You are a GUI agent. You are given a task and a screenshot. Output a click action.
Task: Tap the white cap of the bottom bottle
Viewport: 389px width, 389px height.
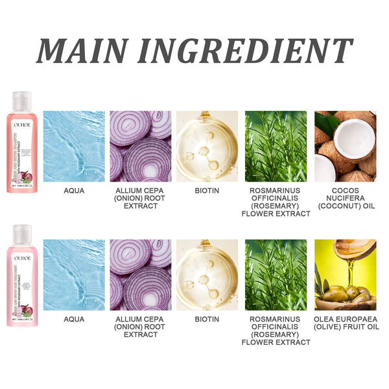[x=22, y=233]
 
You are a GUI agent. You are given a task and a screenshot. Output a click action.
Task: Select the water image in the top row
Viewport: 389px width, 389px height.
[x=73, y=146]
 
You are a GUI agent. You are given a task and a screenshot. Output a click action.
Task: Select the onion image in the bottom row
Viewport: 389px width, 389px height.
[x=141, y=275]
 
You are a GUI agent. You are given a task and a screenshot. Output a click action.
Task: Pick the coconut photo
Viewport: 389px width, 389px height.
[x=345, y=146]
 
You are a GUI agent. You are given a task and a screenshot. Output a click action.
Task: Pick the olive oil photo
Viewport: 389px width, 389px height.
[x=345, y=275]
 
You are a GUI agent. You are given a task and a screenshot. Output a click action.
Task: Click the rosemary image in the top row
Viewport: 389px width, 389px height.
[x=276, y=146]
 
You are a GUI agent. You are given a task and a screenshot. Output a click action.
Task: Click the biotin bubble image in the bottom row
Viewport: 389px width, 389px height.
[x=207, y=275]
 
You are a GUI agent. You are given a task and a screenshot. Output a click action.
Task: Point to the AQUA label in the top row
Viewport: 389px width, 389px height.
[x=73, y=191]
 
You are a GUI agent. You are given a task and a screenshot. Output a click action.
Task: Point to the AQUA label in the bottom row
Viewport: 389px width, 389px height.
[x=73, y=320]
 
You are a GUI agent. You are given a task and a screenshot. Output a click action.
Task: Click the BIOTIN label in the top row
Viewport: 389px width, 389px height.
[x=207, y=191]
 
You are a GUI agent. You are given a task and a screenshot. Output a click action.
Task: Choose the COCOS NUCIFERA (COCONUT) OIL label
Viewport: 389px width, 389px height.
[x=345, y=198]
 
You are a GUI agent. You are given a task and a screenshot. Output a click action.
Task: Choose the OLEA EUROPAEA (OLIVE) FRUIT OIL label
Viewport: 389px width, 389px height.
[x=345, y=324]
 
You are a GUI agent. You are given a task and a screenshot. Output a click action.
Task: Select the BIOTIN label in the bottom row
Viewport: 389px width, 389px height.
[x=207, y=320]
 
